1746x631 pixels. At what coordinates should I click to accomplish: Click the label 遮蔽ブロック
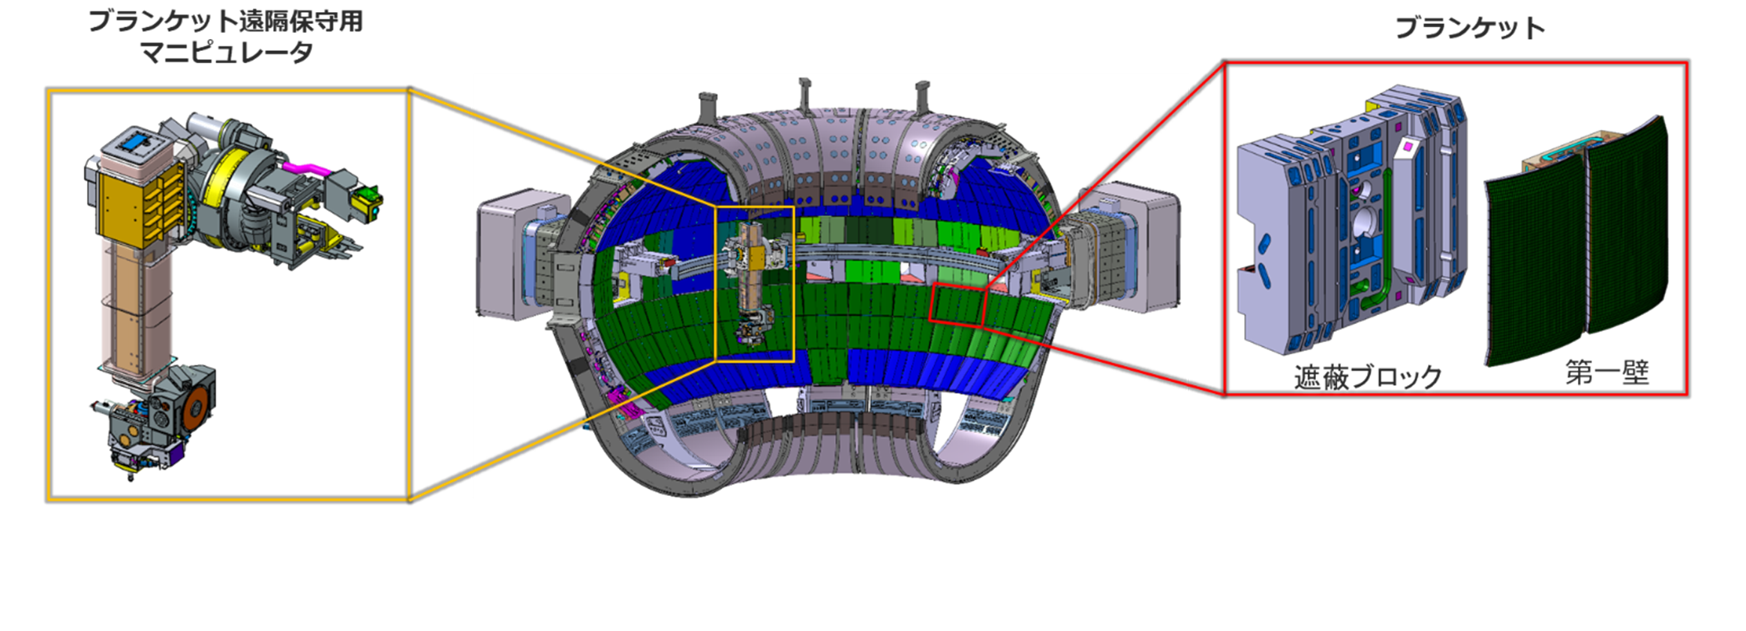coord(1368,377)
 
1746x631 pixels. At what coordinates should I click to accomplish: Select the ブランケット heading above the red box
coord(1470,29)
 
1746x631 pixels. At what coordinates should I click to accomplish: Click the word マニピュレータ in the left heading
coord(226,53)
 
